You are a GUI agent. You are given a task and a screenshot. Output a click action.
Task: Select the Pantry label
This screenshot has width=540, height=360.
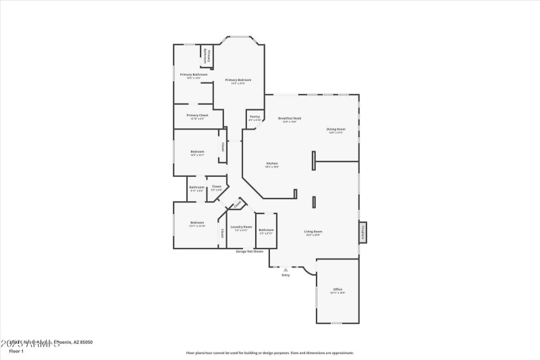[254, 117]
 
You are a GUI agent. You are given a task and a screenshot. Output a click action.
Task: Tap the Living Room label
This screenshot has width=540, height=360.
[314, 232]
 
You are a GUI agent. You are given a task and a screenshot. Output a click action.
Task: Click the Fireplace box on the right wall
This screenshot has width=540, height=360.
[362, 232]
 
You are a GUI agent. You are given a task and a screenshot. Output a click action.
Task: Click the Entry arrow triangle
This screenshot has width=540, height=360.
[285, 269]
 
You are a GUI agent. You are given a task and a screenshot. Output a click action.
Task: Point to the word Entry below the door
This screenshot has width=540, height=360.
[286, 276]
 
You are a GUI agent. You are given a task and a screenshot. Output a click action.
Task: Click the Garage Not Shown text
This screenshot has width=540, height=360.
[248, 251]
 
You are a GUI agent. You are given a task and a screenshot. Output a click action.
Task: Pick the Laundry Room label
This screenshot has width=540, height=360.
[241, 228]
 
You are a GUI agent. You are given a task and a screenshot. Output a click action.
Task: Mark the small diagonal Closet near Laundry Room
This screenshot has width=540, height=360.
[238, 204]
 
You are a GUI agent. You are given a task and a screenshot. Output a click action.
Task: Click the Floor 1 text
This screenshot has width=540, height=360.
[16, 351]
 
